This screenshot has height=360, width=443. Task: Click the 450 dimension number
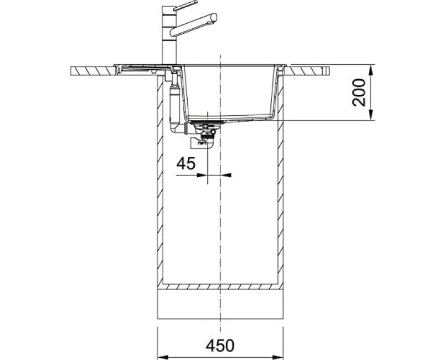(220, 345)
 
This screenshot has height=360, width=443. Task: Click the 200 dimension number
(359, 92)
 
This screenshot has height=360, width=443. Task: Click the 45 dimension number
(186, 163)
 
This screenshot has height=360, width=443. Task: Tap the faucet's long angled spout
(193, 25)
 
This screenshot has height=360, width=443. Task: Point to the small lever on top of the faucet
(185, 6)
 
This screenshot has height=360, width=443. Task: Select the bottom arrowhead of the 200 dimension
(371, 115)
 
